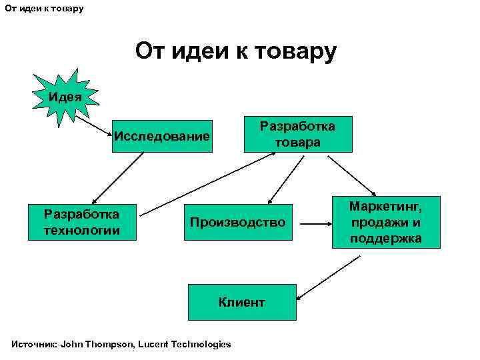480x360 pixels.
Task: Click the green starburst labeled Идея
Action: click(x=65, y=97)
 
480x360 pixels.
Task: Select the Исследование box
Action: click(x=162, y=137)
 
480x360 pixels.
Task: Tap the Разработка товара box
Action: click(x=297, y=135)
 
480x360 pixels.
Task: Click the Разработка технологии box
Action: click(x=82, y=222)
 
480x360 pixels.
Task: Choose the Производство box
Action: click(x=237, y=222)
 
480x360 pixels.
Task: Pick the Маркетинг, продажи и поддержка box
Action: click(x=386, y=222)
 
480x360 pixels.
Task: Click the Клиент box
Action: click(x=241, y=302)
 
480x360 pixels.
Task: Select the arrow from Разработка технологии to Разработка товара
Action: click(x=207, y=183)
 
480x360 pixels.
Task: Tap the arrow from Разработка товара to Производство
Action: click(x=282, y=178)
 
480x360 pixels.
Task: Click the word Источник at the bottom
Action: click(x=34, y=344)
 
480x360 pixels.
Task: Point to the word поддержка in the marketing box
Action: click(x=386, y=238)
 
